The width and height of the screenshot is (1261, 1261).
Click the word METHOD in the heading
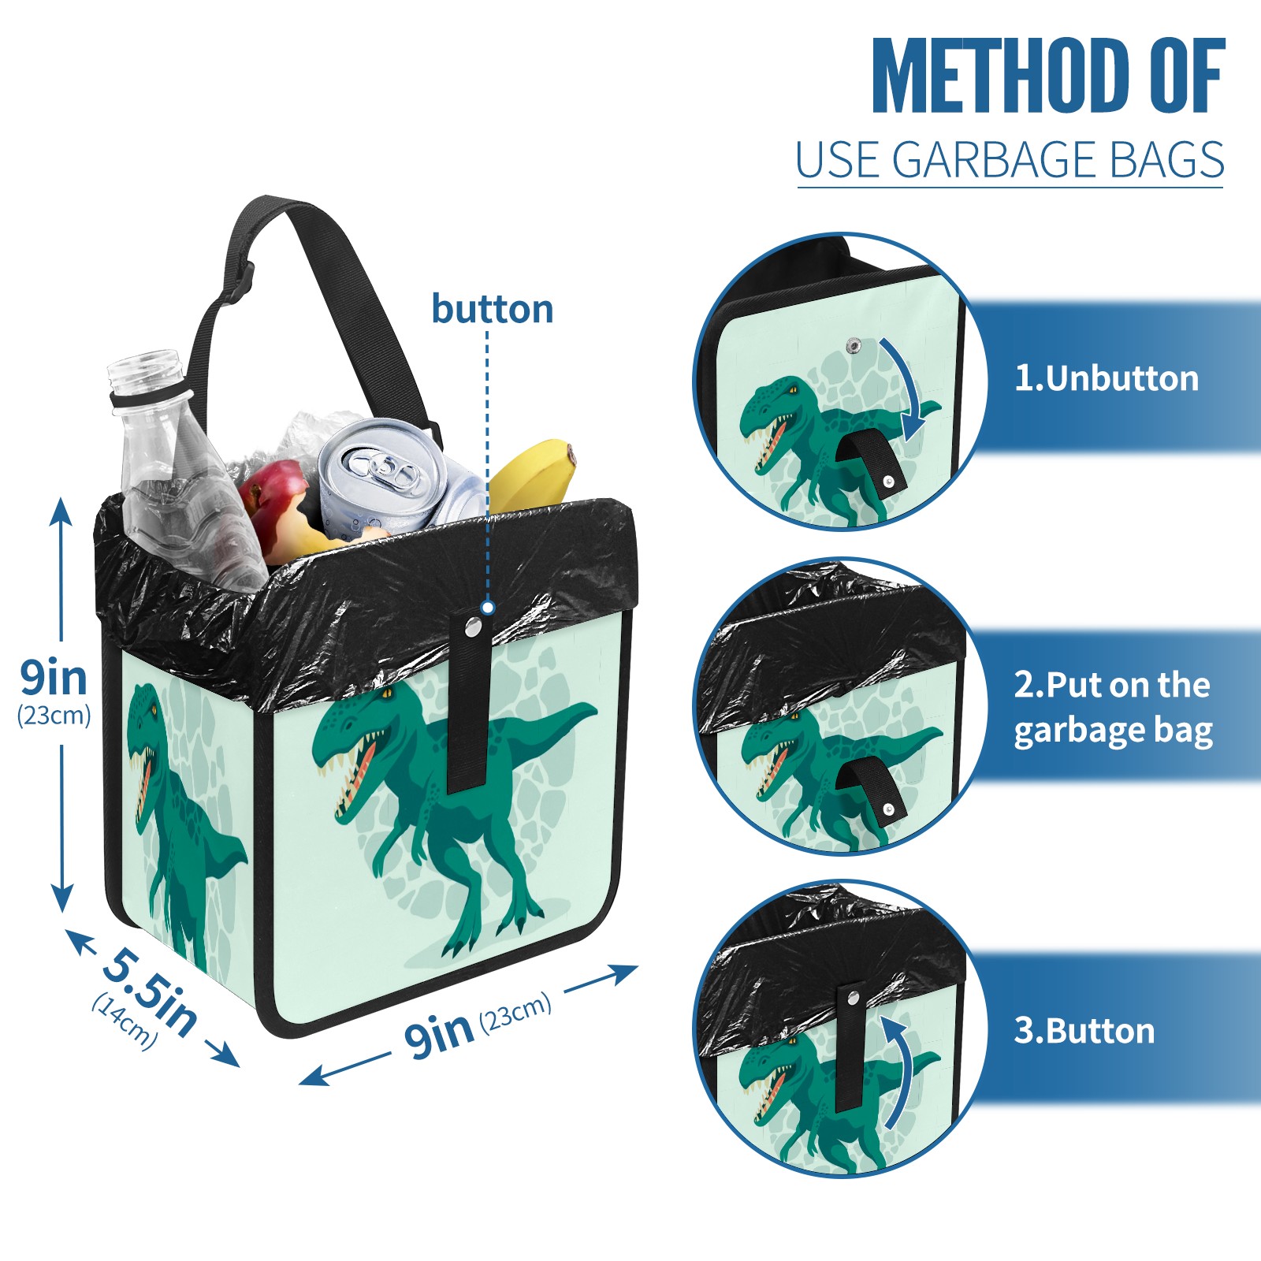point(1001,76)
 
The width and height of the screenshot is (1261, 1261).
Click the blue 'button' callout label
point(492,309)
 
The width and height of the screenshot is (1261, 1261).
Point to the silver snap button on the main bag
point(473,627)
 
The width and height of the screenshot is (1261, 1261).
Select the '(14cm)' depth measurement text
point(125,1021)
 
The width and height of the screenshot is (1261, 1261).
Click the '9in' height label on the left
point(54,677)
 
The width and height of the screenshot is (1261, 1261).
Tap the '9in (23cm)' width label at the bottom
point(478,1024)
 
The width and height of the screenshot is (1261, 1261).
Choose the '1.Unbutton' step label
point(1106,378)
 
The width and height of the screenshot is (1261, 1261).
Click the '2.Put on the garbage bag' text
point(1113,708)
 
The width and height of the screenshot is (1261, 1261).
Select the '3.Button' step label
point(1084,1031)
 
